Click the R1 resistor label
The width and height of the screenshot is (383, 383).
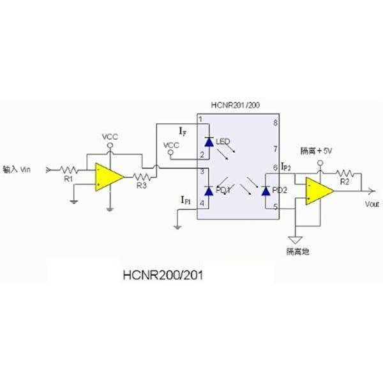click(x=68, y=179)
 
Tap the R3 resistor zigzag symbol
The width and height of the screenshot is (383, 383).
click(x=142, y=177)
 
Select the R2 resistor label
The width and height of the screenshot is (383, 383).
click(x=345, y=181)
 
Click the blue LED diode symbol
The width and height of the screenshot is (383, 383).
click(x=209, y=142)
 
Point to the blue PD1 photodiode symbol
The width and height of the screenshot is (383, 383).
click(x=209, y=191)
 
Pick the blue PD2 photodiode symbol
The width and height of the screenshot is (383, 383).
click(x=266, y=191)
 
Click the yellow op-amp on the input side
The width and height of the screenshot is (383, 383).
click(x=109, y=177)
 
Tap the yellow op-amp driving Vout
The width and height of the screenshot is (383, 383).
click(x=320, y=191)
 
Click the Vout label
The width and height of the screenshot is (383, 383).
click(x=372, y=204)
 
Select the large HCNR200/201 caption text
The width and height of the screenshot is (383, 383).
click(x=163, y=275)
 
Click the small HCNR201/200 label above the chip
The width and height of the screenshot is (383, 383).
click(x=235, y=105)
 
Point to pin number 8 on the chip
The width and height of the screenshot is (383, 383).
click(x=276, y=123)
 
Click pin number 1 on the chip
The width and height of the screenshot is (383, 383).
click(x=201, y=120)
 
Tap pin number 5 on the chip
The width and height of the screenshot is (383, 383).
click(x=276, y=207)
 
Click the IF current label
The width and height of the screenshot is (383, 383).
click(x=183, y=131)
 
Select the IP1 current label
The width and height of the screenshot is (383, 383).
click(x=186, y=200)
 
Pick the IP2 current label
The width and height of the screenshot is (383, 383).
click(x=286, y=167)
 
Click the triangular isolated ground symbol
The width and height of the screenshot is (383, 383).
click(x=296, y=240)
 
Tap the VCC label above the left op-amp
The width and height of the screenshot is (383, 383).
click(x=110, y=137)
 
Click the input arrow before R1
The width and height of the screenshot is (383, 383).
click(x=49, y=170)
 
